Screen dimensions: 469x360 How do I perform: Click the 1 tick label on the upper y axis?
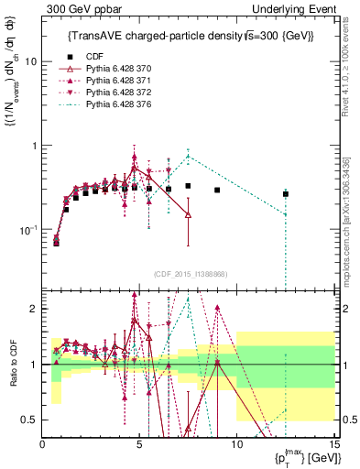pyautogui.click(x=34, y=146)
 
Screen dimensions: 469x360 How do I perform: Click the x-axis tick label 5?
pyautogui.click(x=139, y=445)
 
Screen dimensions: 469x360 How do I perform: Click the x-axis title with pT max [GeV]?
pyautogui.click(x=302, y=459)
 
